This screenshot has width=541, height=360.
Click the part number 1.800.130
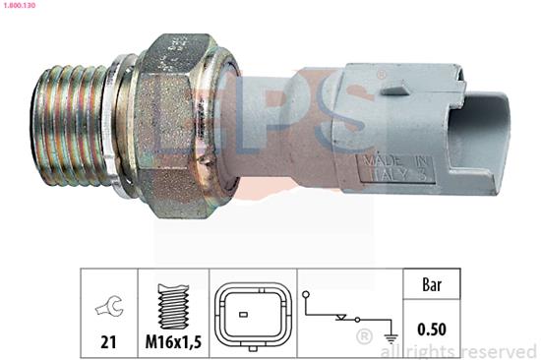22,7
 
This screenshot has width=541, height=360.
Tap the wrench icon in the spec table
107,308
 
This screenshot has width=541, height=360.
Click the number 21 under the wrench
107,341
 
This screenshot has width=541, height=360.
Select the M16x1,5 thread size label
173,341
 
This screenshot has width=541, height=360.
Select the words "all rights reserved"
456,350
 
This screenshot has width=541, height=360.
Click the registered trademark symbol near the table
366,337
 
